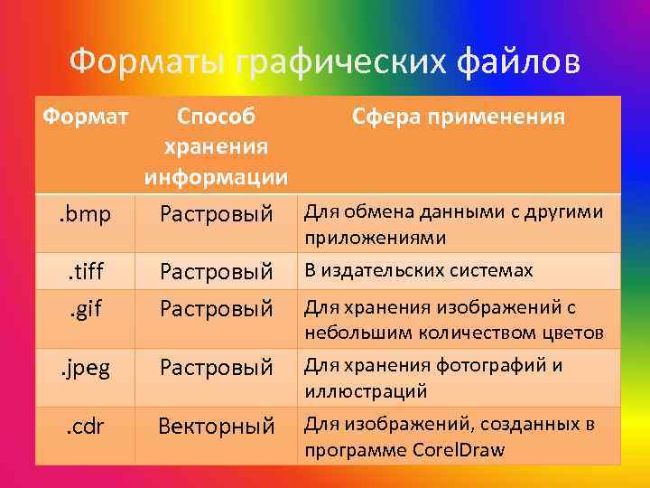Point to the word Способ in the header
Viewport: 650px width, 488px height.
click(x=217, y=117)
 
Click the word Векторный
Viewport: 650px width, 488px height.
click(x=216, y=427)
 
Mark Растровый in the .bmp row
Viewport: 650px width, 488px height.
click(x=216, y=215)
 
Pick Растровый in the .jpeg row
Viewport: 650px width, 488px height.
click(x=216, y=368)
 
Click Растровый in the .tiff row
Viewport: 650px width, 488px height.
click(x=216, y=272)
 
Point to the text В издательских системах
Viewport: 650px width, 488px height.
click(x=418, y=270)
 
